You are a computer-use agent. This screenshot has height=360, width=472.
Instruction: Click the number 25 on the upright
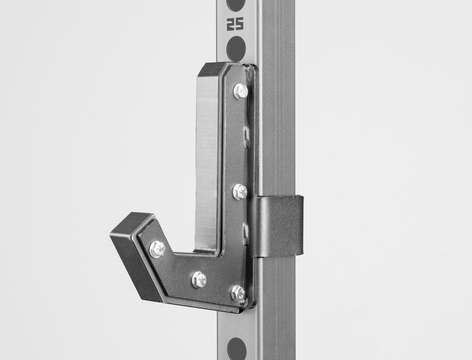point(235,24)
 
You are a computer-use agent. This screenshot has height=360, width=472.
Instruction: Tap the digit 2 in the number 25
point(231,24)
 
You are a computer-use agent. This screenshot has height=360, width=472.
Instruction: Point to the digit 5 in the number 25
point(240,24)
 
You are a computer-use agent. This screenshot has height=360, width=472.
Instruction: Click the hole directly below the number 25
point(236,47)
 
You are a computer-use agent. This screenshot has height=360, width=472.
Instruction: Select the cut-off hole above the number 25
point(236,4)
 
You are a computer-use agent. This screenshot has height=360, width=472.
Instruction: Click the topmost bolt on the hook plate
point(240,92)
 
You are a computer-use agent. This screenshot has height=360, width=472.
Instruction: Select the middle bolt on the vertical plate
point(240,191)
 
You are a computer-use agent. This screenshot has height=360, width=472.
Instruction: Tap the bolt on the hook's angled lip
point(157,249)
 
